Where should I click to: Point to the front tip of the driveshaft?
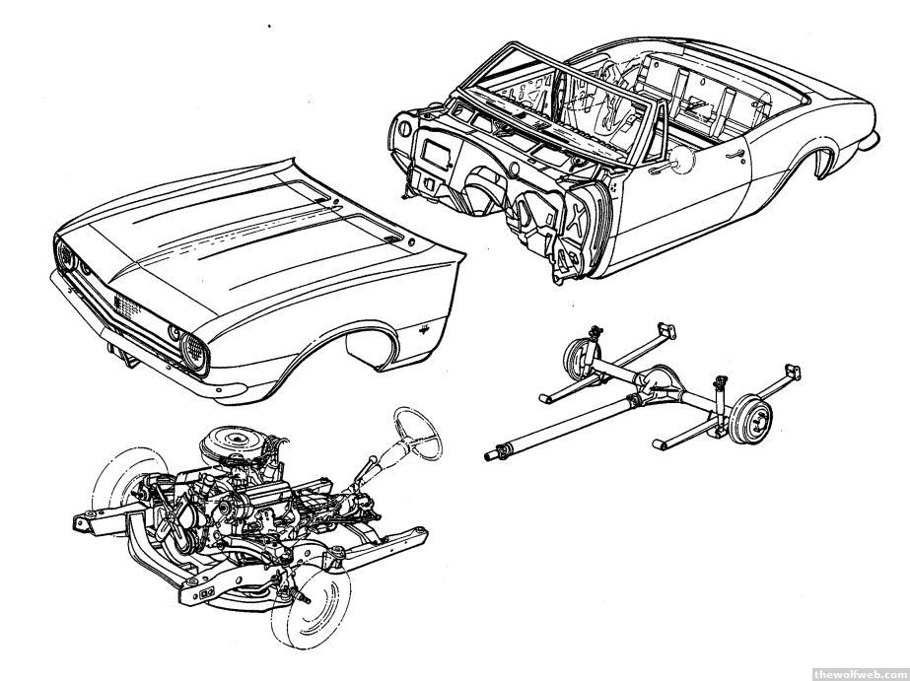(x=491, y=455)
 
